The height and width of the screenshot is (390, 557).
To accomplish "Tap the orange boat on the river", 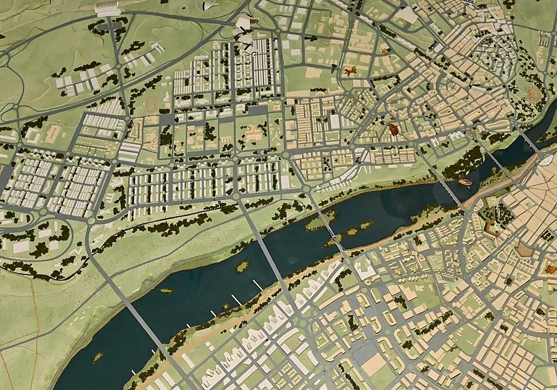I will tap(465, 182).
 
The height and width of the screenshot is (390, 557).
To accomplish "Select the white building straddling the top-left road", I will tap(108, 9).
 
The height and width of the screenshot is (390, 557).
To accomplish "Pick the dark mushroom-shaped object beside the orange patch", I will tap(334, 68).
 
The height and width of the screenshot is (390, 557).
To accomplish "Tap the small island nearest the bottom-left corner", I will tap(97, 357).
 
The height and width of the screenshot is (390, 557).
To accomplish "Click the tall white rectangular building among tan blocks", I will tap(335, 122).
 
